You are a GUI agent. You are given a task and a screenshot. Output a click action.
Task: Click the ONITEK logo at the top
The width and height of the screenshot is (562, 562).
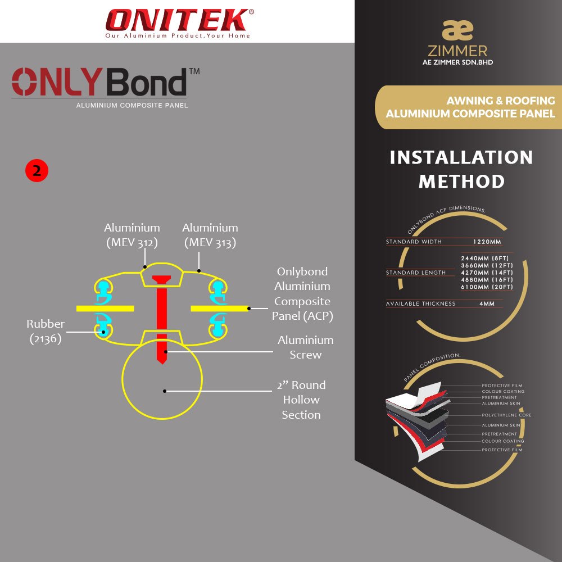click(x=177, y=20)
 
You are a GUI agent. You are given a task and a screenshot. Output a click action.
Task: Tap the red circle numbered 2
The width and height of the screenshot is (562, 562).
click(x=37, y=171)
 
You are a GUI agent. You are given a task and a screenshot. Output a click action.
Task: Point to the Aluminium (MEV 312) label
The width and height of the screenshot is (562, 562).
click(x=132, y=235)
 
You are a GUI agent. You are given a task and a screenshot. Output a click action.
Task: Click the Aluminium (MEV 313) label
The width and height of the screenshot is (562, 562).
click(x=210, y=235)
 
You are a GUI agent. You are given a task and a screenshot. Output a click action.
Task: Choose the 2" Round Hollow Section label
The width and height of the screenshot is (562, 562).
click(x=301, y=400)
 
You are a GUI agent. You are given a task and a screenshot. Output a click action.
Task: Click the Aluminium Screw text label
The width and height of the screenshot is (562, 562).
click(x=305, y=347)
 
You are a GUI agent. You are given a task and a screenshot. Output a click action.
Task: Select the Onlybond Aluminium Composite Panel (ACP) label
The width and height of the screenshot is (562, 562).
click(x=302, y=294)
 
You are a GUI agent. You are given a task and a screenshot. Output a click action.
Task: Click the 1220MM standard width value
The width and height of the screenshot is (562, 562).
click(x=486, y=242)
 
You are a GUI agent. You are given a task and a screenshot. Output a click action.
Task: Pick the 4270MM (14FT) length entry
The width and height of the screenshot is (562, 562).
click(x=487, y=273)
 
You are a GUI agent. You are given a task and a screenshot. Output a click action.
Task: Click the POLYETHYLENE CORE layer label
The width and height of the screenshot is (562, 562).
click(x=506, y=415)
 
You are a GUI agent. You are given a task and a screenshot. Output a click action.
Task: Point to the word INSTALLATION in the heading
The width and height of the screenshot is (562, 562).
click(x=461, y=157)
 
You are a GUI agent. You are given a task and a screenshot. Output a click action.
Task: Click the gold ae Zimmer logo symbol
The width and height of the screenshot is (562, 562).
click(x=457, y=30)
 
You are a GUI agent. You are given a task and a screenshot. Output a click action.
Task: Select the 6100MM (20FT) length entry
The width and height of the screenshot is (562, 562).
click(x=487, y=287)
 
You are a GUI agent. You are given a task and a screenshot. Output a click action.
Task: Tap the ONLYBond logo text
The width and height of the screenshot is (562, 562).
click(x=100, y=83)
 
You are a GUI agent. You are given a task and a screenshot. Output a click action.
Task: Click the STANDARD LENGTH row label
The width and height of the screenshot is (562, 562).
click(x=416, y=273)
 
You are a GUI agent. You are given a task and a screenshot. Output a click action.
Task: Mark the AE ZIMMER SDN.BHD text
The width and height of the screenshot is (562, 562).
click(x=457, y=62)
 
